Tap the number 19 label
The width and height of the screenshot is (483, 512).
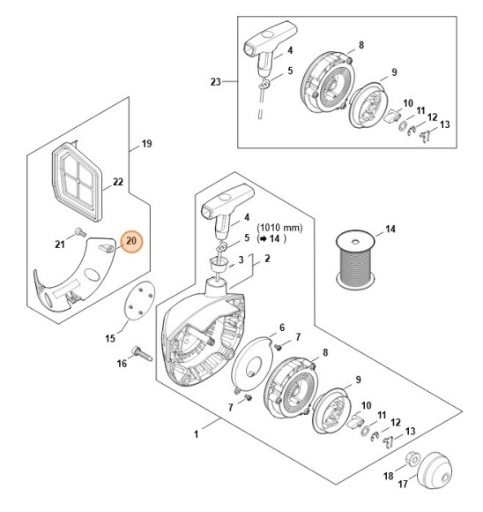click(x=146, y=142)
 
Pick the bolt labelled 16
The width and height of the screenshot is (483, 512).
click(x=143, y=356)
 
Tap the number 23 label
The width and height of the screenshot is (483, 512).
click(x=216, y=83)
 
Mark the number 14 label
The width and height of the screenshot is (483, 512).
click(x=390, y=230)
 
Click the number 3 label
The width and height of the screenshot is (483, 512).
click(x=241, y=260)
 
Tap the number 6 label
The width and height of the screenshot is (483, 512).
click(x=281, y=328)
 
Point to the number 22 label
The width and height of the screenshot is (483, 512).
click(x=117, y=184)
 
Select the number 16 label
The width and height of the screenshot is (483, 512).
click(x=123, y=363)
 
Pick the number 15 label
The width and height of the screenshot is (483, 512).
click(x=111, y=337)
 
